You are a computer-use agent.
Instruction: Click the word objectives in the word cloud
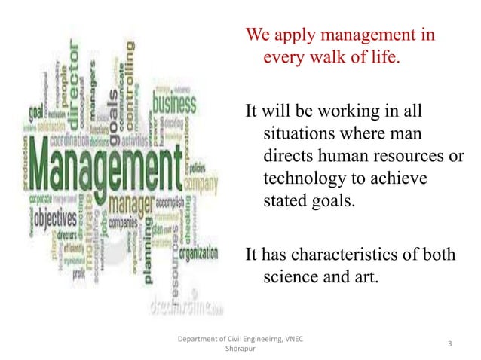(51, 219)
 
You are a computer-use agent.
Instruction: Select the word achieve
(399, 179)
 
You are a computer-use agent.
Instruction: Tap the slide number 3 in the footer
(449, 344)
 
